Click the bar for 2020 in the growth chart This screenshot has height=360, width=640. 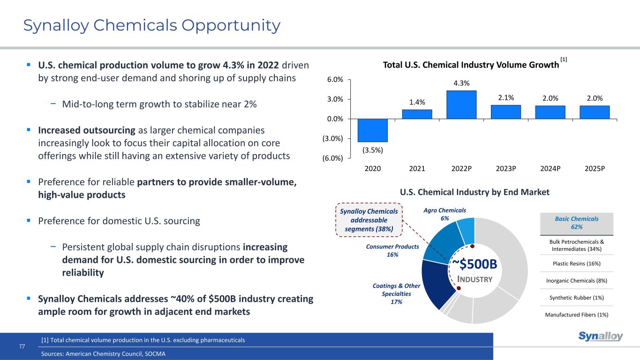tap(372, 130)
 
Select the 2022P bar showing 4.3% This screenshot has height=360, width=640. tap(461, 105)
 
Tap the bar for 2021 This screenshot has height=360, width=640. tap(417, 114)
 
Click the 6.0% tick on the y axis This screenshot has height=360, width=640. tap(334, 80)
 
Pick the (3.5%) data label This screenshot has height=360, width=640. tap(372, 150)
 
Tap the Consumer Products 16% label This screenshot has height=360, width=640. tap(392, 250)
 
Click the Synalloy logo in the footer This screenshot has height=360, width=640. tap(601, 337)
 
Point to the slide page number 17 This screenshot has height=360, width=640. tap(22, 346)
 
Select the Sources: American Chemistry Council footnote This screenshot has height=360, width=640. tap(104, 354)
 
